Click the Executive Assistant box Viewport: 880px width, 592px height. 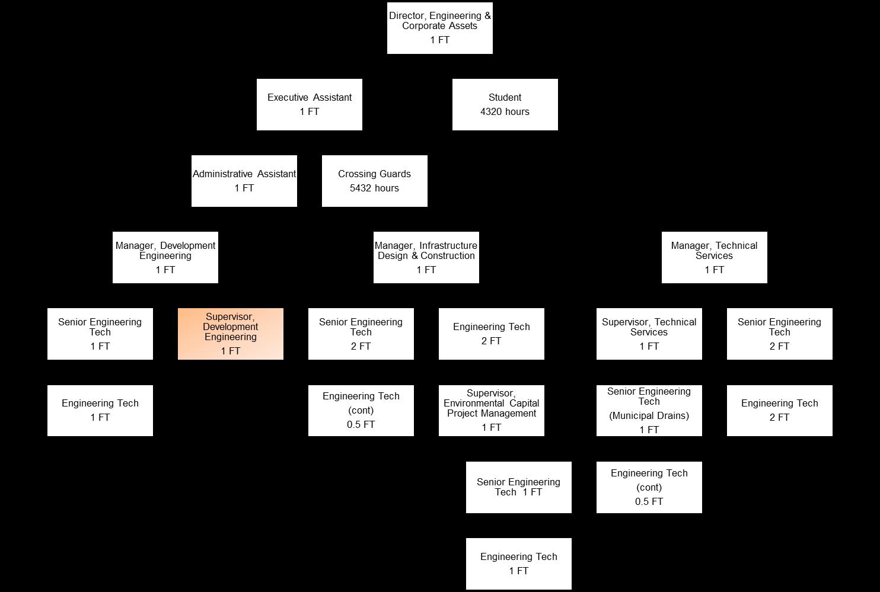coord(309,104)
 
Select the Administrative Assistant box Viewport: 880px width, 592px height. coord(244,181)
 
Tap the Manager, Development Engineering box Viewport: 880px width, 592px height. coord(165,257)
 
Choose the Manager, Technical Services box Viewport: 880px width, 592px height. coord(714,257)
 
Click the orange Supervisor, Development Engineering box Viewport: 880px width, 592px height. coord(230,334)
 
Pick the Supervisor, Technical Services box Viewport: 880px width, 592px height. coord(649,334)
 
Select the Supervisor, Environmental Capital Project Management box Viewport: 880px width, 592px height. coord(491,410)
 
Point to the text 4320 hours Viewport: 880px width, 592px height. coord(505,111)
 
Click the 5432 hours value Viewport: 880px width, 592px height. coord(374,188)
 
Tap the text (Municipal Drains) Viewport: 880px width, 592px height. coord(649,415)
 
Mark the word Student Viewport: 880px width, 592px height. coord(505,97)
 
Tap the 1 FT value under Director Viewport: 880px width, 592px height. coord(439,40)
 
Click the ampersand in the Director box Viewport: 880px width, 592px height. coord(487,15)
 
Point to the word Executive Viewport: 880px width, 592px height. coord(288,97)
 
